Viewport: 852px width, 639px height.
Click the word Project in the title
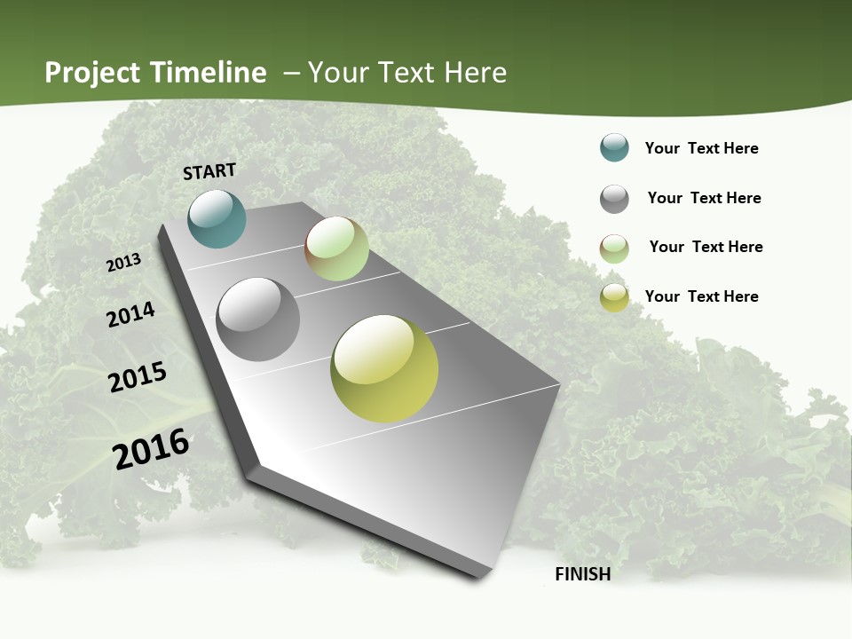(x=93, y=73)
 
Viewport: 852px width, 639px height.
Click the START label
(x=209, y=171)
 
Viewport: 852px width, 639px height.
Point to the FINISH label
(x=582, y=574)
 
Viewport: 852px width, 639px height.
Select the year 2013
(x=124, y=263)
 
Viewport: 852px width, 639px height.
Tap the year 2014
(x=131, y=315)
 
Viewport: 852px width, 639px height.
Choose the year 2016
(x=151, y=448)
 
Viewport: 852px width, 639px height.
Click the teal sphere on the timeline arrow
(x=217, y=218)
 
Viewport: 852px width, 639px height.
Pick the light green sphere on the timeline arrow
(x=336, y=248)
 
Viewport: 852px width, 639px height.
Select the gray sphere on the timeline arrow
(x=258, y=319)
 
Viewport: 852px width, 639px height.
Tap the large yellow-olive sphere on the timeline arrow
(x=384, y=368)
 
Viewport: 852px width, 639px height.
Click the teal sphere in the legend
(x=614, y=148)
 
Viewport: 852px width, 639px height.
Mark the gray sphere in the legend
(x=614, y=199)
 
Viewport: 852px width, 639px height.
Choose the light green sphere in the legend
(x=614, y=248)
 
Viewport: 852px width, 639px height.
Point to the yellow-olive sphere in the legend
(x=614, y=297)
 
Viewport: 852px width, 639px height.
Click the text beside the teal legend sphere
(x=701, y=148)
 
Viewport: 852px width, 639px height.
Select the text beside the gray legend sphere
(x=704, y=198)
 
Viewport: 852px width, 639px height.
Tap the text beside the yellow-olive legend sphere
(x=701, y=296)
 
